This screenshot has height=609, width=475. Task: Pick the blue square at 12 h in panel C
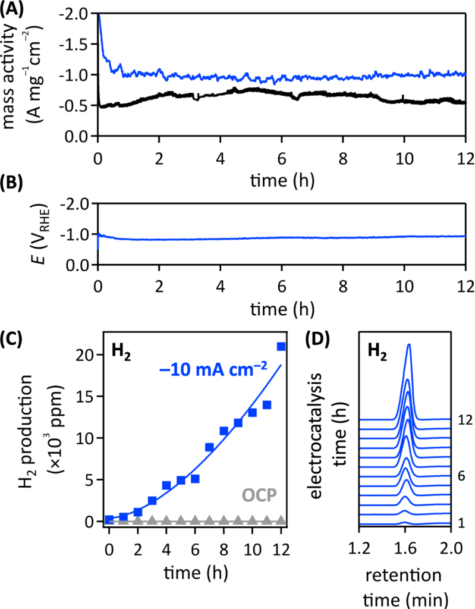(x=281, y=346)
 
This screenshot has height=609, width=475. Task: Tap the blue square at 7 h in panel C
(x=209, y=447)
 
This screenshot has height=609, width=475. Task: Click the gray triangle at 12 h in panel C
(x=281, y=520)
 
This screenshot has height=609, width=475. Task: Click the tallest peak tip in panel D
(x=409, y=344)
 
